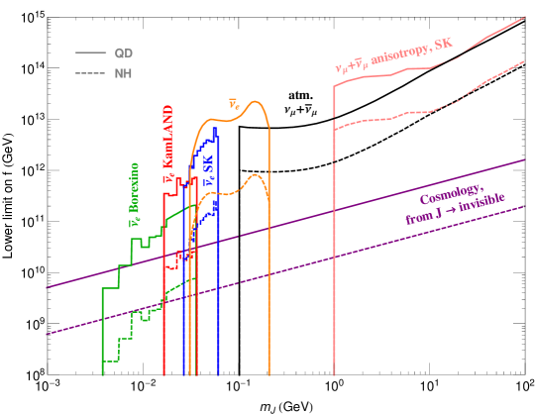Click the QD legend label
[124, 52]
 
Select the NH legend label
[123, 73]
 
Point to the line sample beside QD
[91, 52]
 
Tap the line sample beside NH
[91, 73]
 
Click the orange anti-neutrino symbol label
[234, 102]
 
